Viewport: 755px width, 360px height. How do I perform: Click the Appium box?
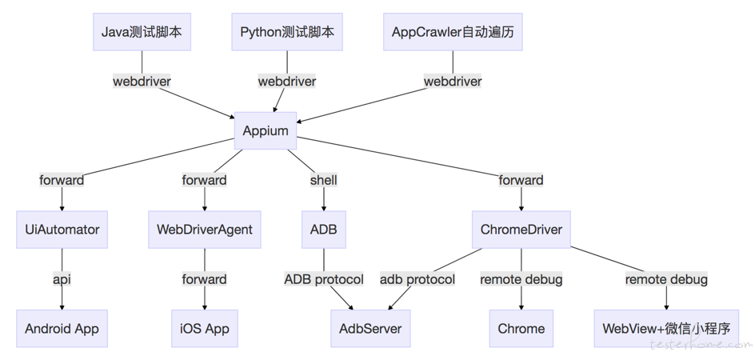coord(266,130)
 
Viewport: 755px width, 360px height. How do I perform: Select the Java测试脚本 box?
coord(142,32)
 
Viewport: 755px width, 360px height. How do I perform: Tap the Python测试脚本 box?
coord(287,32)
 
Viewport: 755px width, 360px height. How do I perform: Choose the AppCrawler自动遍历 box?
coord(453,32)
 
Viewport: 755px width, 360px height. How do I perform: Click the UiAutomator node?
coord(62,230)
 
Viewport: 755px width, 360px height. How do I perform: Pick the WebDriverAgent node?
coord(205,230)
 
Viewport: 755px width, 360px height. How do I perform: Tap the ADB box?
coord(324,230)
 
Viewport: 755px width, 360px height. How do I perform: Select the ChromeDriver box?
coord(521,230)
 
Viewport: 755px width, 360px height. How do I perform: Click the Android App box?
coord(62,329)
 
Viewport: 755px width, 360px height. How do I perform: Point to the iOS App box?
coord(205,329)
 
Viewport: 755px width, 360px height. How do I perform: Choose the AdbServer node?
coord(370,329)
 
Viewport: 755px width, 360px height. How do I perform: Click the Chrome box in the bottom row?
coord(521,329)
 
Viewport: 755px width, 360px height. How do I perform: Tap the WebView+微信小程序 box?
coord(666,329)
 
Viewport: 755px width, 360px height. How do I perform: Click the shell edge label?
coord(324,180)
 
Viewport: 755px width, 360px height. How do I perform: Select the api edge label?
coord(62,279)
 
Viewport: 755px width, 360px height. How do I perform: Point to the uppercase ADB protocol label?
coord(324,279)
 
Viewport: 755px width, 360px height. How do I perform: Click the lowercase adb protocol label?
coord(417,279)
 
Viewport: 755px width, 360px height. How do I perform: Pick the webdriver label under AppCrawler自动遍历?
coord(453,82)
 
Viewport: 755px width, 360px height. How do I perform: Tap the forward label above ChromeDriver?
coord(521,180)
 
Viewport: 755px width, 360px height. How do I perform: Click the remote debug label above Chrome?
coord(521,279)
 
